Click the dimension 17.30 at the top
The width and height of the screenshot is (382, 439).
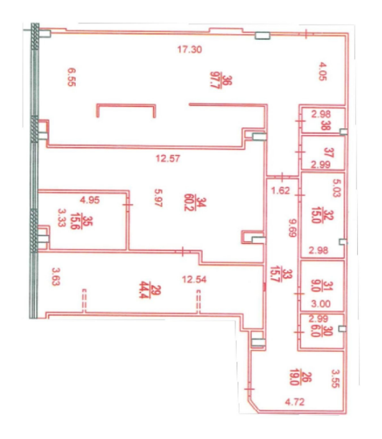pyautogui.click(x=190, y=50)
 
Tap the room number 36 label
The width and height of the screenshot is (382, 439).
pyautogui.click(x=228, y=80)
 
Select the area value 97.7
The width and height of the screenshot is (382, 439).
pyautogui.click(x=215, y=80)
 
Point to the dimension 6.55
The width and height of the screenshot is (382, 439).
pyautogui.click(x=72, y=77)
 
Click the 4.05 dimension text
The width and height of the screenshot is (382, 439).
pyautogui.click(x=322, y=72)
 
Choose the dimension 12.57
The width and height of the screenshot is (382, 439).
pyautogui.click(x=168, y=159)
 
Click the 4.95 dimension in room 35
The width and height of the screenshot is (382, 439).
pyautogui.click(x=90, y=200)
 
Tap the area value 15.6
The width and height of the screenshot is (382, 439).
pyautogui.click(x=75, y=221)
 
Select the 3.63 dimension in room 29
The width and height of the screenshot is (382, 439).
pyautogui.click(x=56, y=276)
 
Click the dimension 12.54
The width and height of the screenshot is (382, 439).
pyautogui.click(x=194, y=280)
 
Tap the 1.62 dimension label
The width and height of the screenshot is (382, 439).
pyautogui.click(x=281, y=191)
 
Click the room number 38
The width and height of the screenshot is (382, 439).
pyautogui.click(x=326, y=125)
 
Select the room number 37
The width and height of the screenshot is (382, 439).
pyautogui.click(x=328, y=153)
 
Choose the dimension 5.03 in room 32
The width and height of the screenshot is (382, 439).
pyautogui.click(x=337, y=188)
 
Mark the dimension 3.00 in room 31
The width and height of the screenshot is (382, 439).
pyautogui.click(x=321, y=303)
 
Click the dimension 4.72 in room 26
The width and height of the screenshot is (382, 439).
pyautogui.click(x=294, y=402)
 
